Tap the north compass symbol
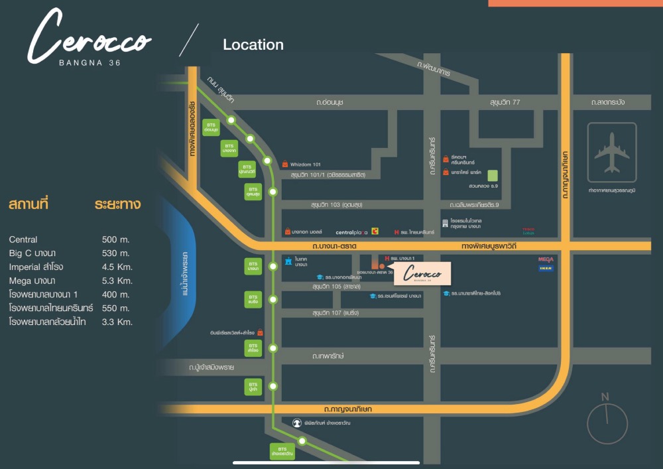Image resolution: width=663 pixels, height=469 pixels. point(607,419)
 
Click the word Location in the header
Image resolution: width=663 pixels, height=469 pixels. point(253,45)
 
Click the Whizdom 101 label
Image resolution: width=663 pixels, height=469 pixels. point(306,164)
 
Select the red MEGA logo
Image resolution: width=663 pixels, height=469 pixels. point(546,259)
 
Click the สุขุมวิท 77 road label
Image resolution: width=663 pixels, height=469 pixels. point(507,102)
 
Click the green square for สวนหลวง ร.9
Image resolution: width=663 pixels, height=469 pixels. point(493,176)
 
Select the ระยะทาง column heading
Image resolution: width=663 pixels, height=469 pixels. point(117,204)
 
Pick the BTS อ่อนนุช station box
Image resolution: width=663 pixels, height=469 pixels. point(211,128)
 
